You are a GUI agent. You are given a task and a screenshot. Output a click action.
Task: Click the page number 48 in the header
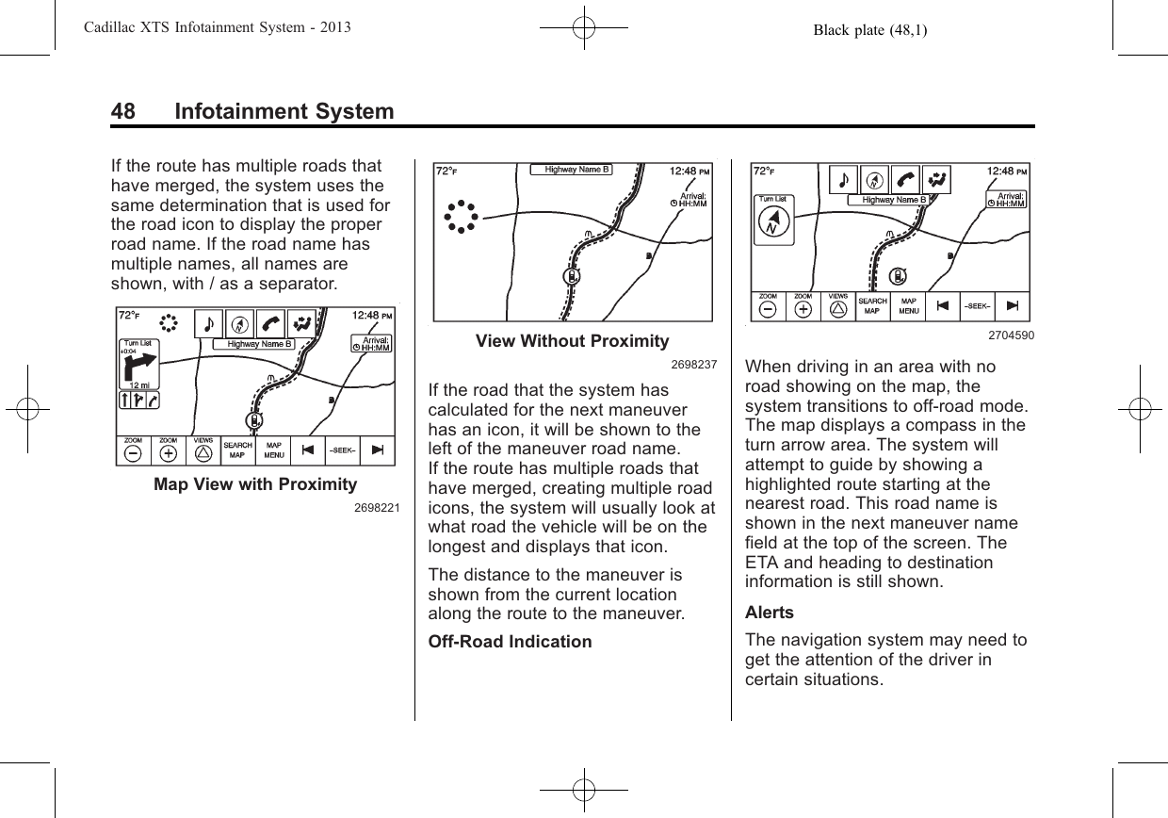click(x=122, y=112)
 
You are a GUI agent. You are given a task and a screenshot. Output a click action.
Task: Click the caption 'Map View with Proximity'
click(x=255, y=484)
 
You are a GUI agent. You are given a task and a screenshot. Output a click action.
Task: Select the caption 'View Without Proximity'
click(x=572, y=340)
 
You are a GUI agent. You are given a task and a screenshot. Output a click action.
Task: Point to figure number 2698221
click(x=377, y=508)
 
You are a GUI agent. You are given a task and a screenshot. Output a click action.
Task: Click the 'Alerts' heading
click(x=770, y=612)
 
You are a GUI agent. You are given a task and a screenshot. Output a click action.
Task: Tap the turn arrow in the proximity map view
click(x=138, y=368)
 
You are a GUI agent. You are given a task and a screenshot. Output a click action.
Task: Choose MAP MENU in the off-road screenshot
click(x=909, y=305)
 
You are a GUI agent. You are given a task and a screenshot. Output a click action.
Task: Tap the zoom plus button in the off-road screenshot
click(x=803, y=306)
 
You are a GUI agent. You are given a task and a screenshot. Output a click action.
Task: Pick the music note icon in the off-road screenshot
click(x=843, y=178)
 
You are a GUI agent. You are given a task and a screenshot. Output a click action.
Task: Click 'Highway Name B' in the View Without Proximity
click(x=571, y=170)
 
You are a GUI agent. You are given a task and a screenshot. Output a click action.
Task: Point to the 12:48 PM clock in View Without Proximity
click(x=689, y=171)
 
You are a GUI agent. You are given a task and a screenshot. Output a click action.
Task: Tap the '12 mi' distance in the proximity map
click(x=138, y=384)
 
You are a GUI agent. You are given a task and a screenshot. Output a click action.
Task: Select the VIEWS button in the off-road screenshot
click(x=837, y=306)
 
